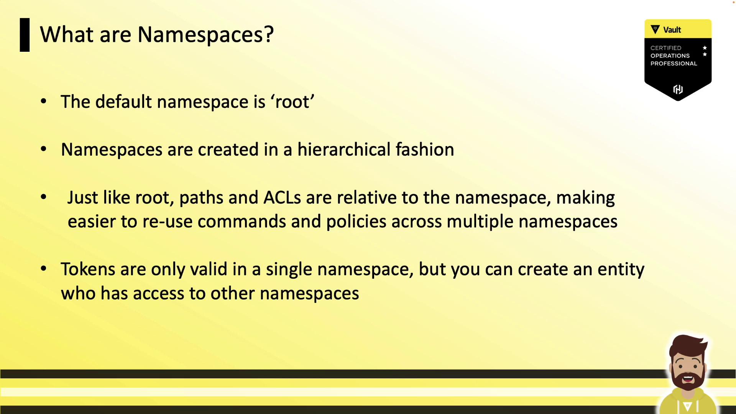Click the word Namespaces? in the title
(x=205, y=35)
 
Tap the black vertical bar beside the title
(x=25, y=35)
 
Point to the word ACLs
(x=282, y=197)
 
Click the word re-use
(x=167, y=222)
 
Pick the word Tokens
(x=88, y=269)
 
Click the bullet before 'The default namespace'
(x=43, y=101)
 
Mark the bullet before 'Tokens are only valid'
(x=43, y=269)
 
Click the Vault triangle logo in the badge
(x=655, y=30)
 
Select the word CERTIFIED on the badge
(x=666, y=48)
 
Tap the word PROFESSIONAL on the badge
(x=674, y=64)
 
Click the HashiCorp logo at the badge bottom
(x=678, y=89)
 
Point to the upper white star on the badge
(x=705, y=48)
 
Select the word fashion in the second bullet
(x=425, y=149)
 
